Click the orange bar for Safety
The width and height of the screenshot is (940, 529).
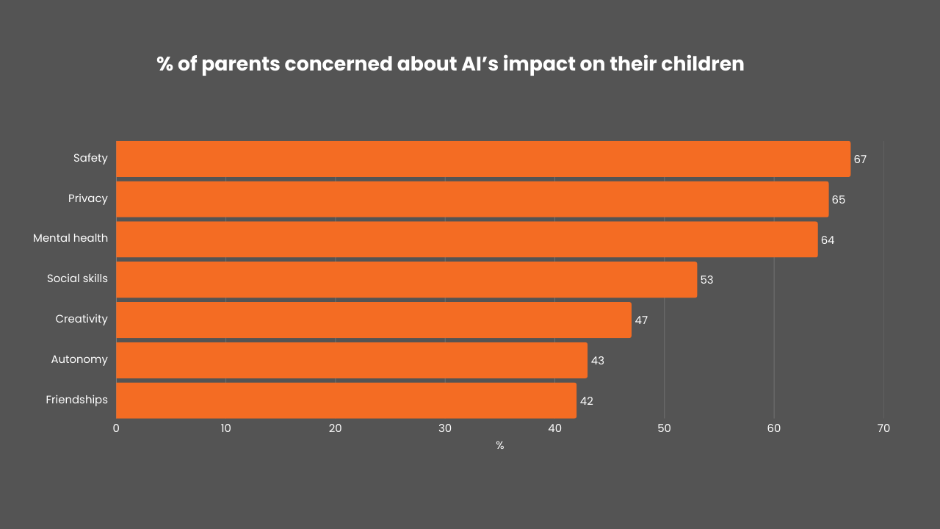point(483,159)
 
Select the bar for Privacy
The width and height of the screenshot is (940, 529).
point(472,199)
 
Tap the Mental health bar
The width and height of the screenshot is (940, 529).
point(467,240)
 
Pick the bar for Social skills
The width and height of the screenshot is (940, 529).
point(406,280)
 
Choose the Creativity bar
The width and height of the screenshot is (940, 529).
point(374,320)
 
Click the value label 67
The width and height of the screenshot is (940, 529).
point(860,159)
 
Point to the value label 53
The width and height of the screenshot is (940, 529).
point(706,280)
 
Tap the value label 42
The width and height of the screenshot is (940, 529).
point(586,401)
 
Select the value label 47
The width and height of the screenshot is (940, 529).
point(641,320)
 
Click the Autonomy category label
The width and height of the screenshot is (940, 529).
point(79,359)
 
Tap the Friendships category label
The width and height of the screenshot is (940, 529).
point(76,400)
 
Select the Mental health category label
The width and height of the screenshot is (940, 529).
point(70,238)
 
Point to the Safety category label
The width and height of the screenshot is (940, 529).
point(90,158)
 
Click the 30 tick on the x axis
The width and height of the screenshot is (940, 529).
point(445,428)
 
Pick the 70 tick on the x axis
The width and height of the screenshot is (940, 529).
point(883,428)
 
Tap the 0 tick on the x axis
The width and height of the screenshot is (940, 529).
point(116,428)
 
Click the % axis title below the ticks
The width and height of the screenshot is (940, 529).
point(499,446)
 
